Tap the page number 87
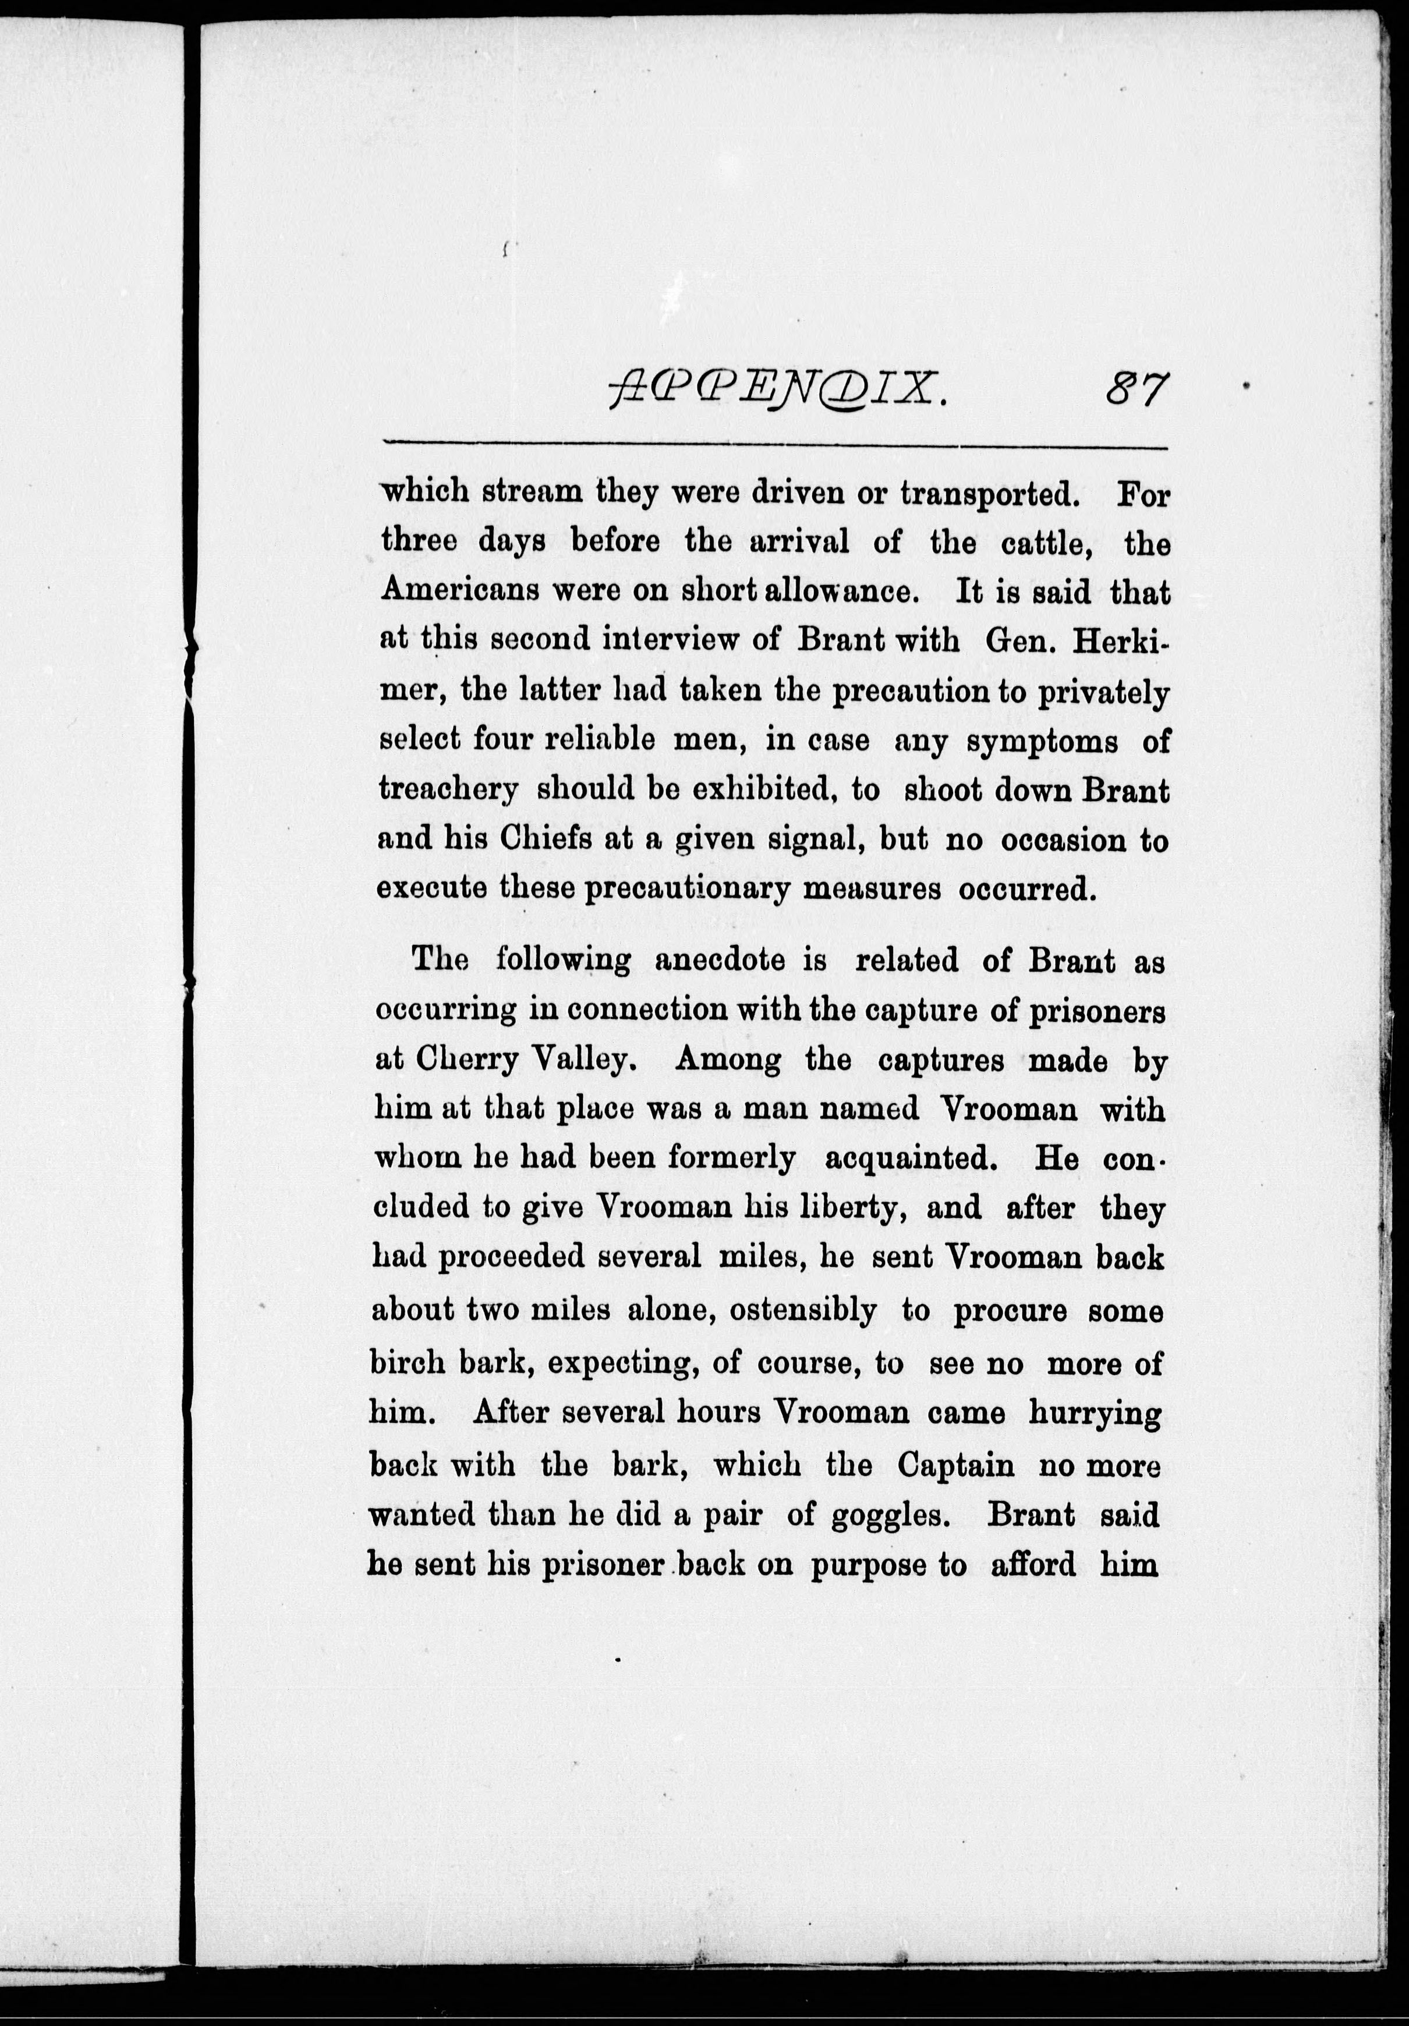click(1137, 388)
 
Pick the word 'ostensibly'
click(803, 1311)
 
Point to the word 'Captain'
click(955, 1466)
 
